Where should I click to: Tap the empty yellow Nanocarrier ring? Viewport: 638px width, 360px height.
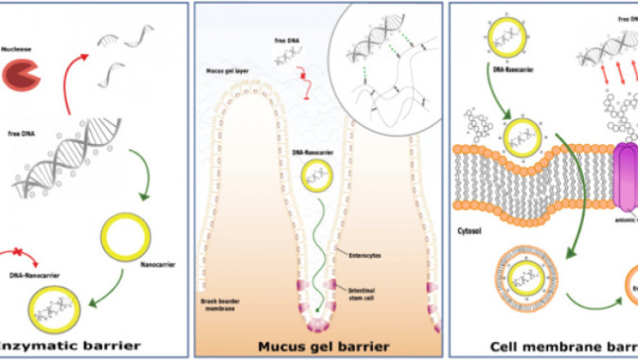(127, 238)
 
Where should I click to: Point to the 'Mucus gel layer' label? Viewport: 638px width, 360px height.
(228, 72)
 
